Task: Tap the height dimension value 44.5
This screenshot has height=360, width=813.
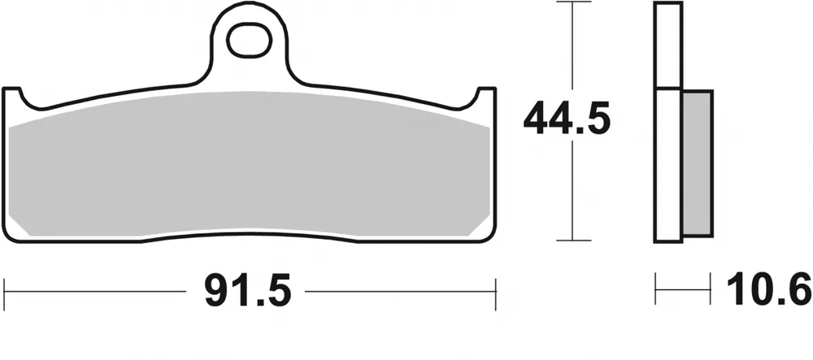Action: coord(567,120)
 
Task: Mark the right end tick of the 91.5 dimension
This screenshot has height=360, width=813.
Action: coord(495,290)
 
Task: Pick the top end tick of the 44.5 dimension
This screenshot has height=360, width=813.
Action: coord(574,3)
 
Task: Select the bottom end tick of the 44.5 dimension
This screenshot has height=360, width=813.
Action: coord(574,241)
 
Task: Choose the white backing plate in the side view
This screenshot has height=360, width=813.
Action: coord(669,163)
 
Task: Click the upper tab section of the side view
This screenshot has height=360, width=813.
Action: coord(668,45)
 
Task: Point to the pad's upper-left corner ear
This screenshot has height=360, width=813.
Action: coord(12,96)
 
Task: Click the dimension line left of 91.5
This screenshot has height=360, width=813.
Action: coord(98,290)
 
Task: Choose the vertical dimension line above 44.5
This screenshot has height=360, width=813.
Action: coord(574,49)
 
